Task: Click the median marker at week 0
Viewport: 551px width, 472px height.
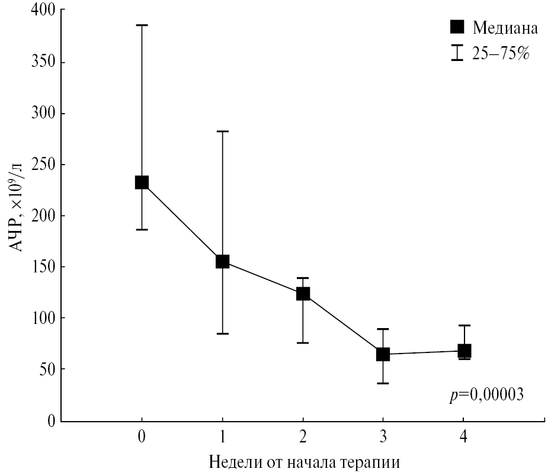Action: [x=142, y=182]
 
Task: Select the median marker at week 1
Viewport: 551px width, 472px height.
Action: [x=222, y=262]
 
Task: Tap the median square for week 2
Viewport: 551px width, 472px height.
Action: [x=303, y=294]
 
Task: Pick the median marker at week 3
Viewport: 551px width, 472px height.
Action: [x=383, y=354]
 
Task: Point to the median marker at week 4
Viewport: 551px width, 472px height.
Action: [x=464, y=351]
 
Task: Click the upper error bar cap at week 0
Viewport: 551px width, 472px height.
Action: [x=142, y=25]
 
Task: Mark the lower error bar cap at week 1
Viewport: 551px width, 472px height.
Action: [x=222, y=334]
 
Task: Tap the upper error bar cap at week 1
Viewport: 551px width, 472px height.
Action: [x=222, y=131]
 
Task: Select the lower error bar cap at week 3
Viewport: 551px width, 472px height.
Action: [x=383, y=384]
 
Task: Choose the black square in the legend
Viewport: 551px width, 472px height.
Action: [x=457, y=27]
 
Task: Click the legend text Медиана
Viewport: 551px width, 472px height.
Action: [x=505, y=28]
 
